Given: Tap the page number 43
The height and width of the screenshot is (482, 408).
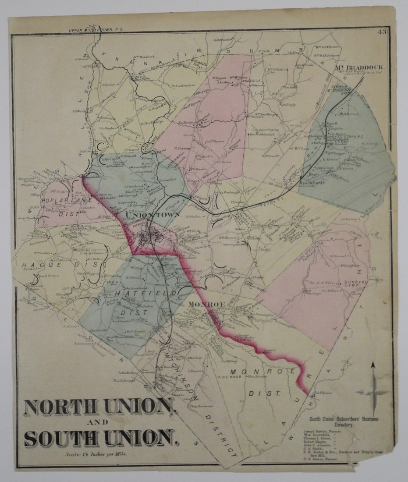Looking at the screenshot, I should click(382, 32).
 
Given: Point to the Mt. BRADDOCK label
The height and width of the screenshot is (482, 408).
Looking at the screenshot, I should click(360, 67).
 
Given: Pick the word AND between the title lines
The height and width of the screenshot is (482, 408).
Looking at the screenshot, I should click(100, 423).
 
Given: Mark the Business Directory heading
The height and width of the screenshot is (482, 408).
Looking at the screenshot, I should click(344, 422).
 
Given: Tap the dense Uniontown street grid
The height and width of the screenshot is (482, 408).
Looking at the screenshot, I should click(149, 239).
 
